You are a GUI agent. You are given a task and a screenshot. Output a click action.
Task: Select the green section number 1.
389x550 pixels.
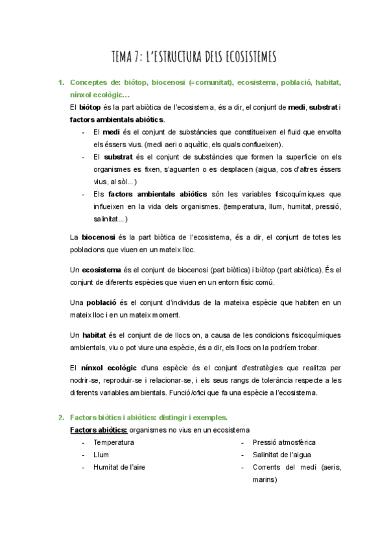(60, 83)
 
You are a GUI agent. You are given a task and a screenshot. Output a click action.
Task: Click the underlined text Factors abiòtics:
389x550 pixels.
(99, 429)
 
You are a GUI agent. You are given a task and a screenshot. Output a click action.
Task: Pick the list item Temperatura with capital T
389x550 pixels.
(114, 442)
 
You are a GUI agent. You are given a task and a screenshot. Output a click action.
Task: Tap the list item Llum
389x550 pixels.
(101, 455)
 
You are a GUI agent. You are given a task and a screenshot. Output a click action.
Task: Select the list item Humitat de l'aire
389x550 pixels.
(120, 467)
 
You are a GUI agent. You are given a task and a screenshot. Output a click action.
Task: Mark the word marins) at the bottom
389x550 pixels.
(265, 480)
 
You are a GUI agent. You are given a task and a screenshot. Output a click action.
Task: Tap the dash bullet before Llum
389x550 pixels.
(84, 455)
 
